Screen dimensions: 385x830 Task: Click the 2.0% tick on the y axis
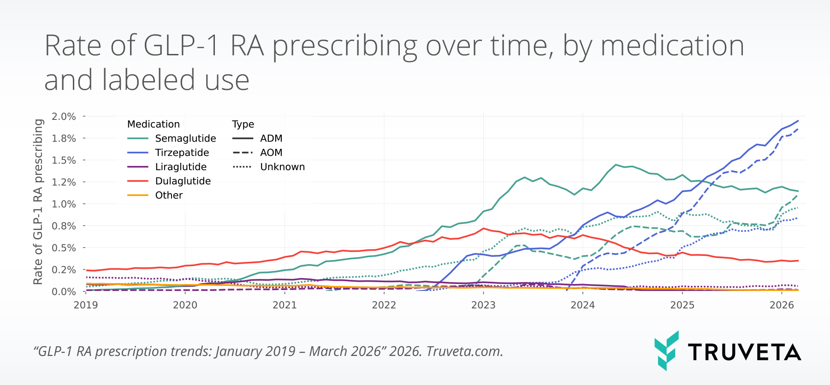pos(64,117)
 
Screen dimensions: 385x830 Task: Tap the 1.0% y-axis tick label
pos(64,204)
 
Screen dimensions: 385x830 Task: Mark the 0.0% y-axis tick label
pos(64,292)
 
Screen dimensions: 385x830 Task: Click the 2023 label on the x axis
pos(483,305)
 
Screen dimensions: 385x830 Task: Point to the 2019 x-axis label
pos(86,305)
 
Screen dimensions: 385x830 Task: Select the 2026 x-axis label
pos(782,305)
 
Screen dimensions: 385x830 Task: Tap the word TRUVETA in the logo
pos(744,352)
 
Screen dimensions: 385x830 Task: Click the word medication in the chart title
pos(672,46)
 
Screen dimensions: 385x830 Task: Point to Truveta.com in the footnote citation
pos(464,351)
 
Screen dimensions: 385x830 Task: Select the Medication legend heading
pos(153,124)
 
